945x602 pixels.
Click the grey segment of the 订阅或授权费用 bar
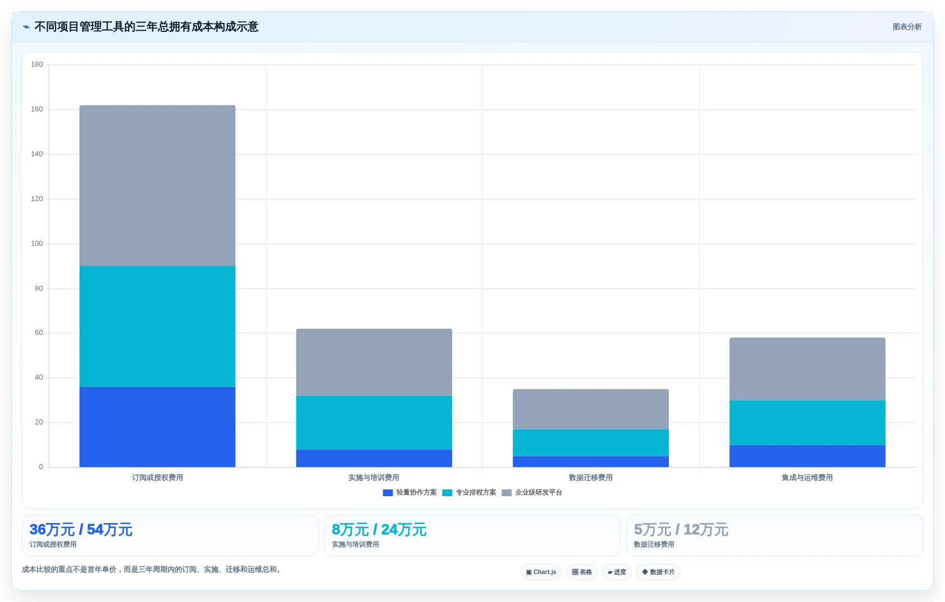(x=157, y=185)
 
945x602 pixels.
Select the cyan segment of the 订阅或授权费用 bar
(x=157, y=326)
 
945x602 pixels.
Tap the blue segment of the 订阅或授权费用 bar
(x=157, y=427)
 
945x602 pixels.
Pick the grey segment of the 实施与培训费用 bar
(x=374, y=362)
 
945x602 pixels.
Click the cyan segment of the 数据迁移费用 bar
(x=590, y=442)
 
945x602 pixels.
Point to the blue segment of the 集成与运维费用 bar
(x=807, y=456)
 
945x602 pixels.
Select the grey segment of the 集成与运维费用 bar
(x=807, y=369)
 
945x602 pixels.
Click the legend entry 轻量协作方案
(x=409, y=492)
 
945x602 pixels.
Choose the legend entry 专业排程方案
(x=469, y=492)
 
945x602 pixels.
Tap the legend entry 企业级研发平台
(x=532, y=492)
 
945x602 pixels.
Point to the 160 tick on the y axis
(x=37, y=109)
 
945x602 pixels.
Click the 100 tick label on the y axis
(x=37, y=244)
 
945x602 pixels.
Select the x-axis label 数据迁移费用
(x=590, y=478)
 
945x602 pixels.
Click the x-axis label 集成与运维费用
(x=807, y=478)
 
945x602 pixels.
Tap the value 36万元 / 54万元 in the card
(x=81, y=529)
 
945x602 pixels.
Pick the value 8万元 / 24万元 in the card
(x=379, y=529)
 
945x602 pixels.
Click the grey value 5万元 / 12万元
(x=681, y=529)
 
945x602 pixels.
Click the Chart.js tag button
(x=541, y=572)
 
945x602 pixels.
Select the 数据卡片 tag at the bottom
(x=658, y=572)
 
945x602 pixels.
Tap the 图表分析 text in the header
(x=907, y=27)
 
